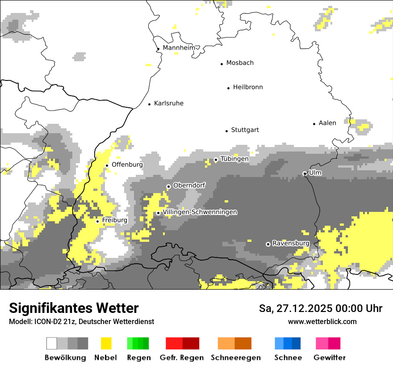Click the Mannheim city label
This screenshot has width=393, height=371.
point(179,48)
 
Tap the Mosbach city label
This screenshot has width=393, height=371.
point(240,63)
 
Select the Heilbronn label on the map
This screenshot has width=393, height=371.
point(248,87)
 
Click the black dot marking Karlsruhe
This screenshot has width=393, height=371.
point(150,104)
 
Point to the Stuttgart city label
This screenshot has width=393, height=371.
point(245,130)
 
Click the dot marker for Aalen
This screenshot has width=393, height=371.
point(314,124)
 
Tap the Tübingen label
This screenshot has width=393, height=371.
point(234,159)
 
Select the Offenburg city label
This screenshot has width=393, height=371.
point(127,164)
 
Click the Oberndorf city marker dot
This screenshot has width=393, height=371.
point(168,186)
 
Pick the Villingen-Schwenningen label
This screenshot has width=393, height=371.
point(200,212)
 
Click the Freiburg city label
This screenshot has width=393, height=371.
point(114,220)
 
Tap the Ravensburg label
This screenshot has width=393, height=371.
point(291,243)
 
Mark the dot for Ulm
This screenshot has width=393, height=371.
point(305,173)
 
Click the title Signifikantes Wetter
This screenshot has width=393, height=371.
point(74,308)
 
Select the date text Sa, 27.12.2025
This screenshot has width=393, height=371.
point(299,308)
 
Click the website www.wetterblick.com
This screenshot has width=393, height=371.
point(322,321)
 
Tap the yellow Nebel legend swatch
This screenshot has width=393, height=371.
point(106,343)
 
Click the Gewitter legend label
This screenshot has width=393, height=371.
point(329,358)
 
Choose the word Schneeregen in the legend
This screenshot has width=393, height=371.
point(235,358)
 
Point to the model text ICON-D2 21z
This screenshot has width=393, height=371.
point(49,321)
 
